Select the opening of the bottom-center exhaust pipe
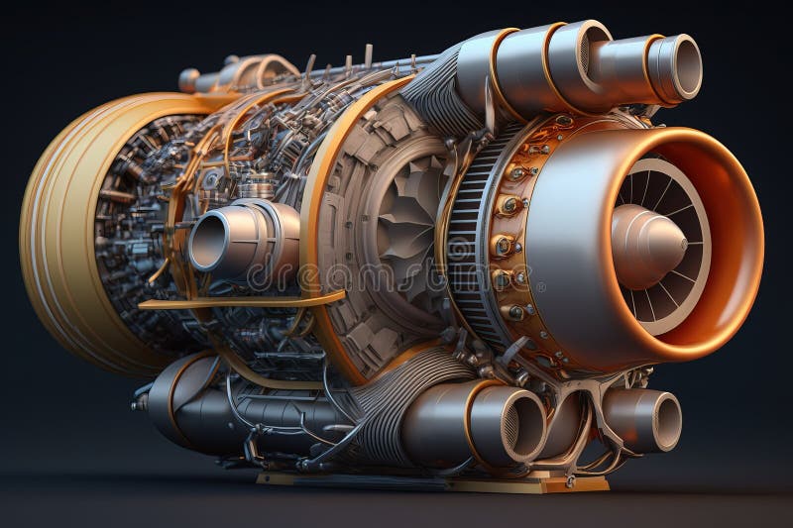coord(524,426)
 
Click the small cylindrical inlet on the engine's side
coord(210,240)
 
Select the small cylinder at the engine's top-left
coord(189,79)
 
